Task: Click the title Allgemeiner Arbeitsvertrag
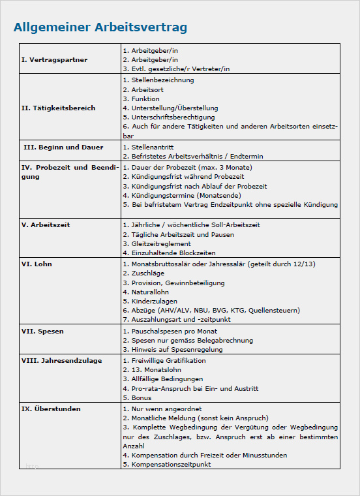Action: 100,27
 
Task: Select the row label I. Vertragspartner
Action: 54,59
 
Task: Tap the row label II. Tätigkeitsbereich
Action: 59,108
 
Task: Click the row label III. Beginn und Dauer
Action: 63,147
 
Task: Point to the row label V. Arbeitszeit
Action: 46,225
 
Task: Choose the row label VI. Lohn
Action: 37,264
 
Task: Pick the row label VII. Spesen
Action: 42,332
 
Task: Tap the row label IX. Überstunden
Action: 51,409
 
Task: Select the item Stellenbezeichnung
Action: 158,80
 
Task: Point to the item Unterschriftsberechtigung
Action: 168,117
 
